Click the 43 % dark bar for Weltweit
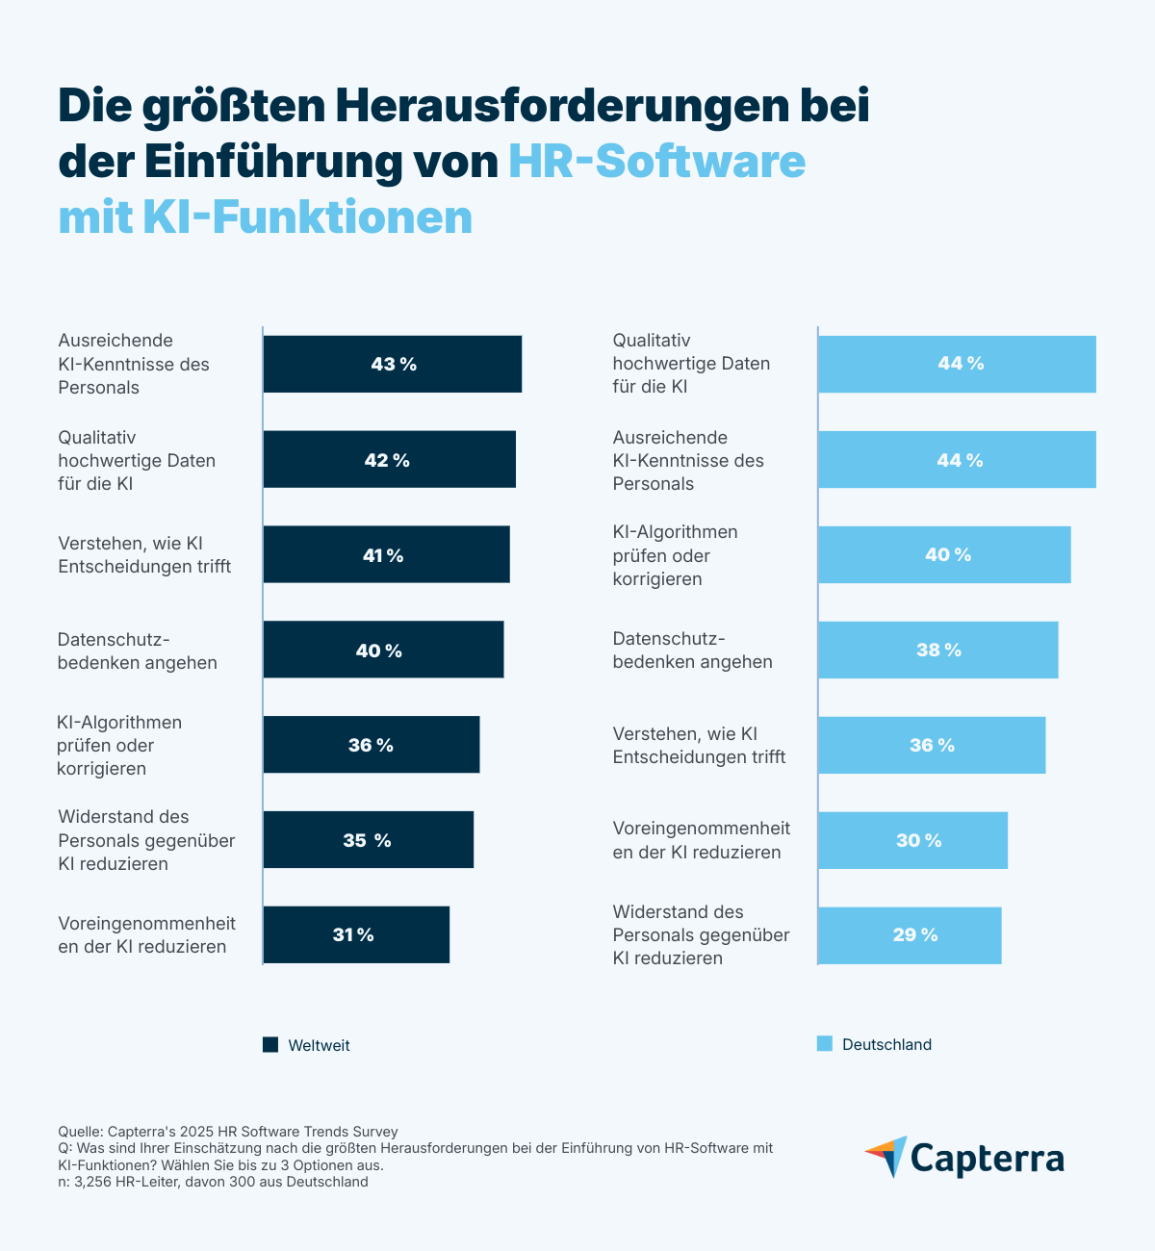click(x=392, y=364)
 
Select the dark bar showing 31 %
click(x=355, y=934)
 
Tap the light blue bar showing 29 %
click(x=910, y=935)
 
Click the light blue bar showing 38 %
click(x=937, y=650)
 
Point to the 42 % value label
click(x=387, y=460)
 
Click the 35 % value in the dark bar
click(x=367, y=840)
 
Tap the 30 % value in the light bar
click(x=919, y=840)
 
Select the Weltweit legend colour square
click(x=270, y=1044)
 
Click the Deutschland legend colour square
click(x=825, y=1044)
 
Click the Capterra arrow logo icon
click(x=886, y=1156)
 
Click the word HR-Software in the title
click(x=656, y=161)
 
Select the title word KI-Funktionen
click(x=307, y=217)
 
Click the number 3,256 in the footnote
click(x=92, y=1182)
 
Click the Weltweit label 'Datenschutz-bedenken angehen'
click(x=138, y=651)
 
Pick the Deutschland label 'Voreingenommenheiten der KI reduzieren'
click(x=702, y=840)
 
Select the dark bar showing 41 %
click(x=386, y=554)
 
